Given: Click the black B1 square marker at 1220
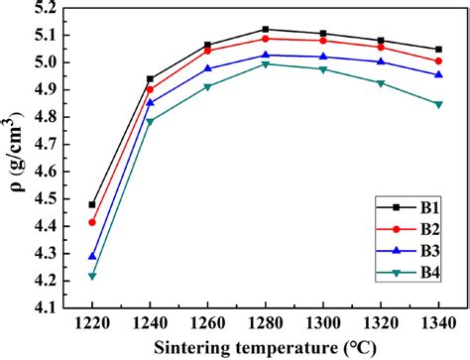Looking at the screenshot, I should [93, 204].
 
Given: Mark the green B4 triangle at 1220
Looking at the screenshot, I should [93, 276].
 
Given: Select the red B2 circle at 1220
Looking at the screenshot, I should [93, 222].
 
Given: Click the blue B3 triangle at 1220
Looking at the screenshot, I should [93, 256].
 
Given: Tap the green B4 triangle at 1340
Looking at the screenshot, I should [438, 104].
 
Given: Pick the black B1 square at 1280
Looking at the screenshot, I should [266, 30].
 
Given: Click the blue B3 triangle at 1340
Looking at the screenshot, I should [438, 74].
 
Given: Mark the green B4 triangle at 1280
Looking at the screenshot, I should [266, 64].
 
